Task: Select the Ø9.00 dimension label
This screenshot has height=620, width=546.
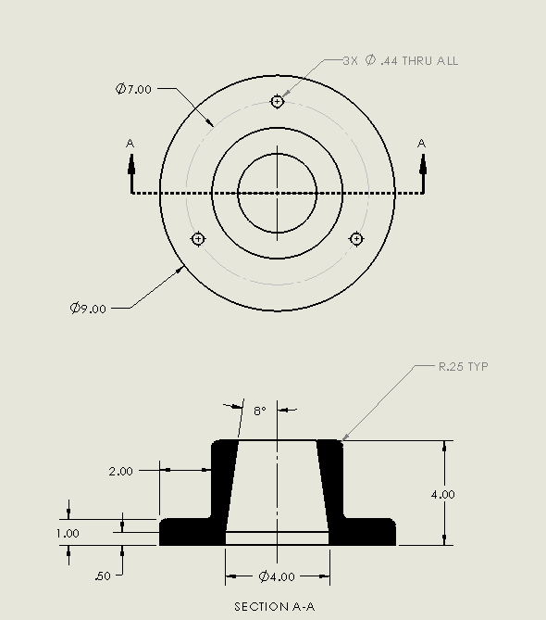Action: tap(88, 308)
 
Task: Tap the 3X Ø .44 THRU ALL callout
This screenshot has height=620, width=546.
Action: tap(400, 61)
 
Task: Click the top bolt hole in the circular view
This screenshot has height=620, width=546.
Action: tap(277, 101)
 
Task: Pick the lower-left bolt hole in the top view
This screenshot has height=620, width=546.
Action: tap(197, 239)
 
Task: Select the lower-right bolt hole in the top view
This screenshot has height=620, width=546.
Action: tap(356, 239)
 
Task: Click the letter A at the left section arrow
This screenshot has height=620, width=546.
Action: tap(130, 143)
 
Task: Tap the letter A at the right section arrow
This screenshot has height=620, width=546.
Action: tap(422, 143)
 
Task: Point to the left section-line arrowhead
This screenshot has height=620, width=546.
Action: tap(131, 164)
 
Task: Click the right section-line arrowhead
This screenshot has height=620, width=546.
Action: tap(423, 164)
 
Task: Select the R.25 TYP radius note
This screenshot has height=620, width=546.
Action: tap(463, 367)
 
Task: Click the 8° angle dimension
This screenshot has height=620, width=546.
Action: tap(259, 410)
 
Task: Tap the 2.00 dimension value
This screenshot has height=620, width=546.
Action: tap(121, 471)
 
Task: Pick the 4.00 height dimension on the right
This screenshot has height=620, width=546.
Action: tap(443, 494)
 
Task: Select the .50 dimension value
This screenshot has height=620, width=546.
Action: tap(104, 576)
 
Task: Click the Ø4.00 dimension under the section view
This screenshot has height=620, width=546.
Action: tap(277, 577)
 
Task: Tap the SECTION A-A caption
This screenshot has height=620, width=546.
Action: tap(275, 607)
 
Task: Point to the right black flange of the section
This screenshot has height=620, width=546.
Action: tap(366, 532)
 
